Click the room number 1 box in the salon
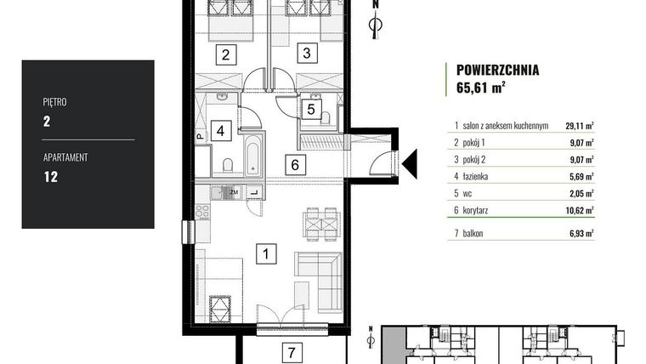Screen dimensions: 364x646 (267, 253)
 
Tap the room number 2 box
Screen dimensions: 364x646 (226, 55)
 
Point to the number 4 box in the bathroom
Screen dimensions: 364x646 (220, 132)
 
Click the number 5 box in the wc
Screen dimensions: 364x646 (311, 109)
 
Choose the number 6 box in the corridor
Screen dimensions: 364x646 (292, 165)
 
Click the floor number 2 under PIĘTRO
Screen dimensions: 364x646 (47, 121)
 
